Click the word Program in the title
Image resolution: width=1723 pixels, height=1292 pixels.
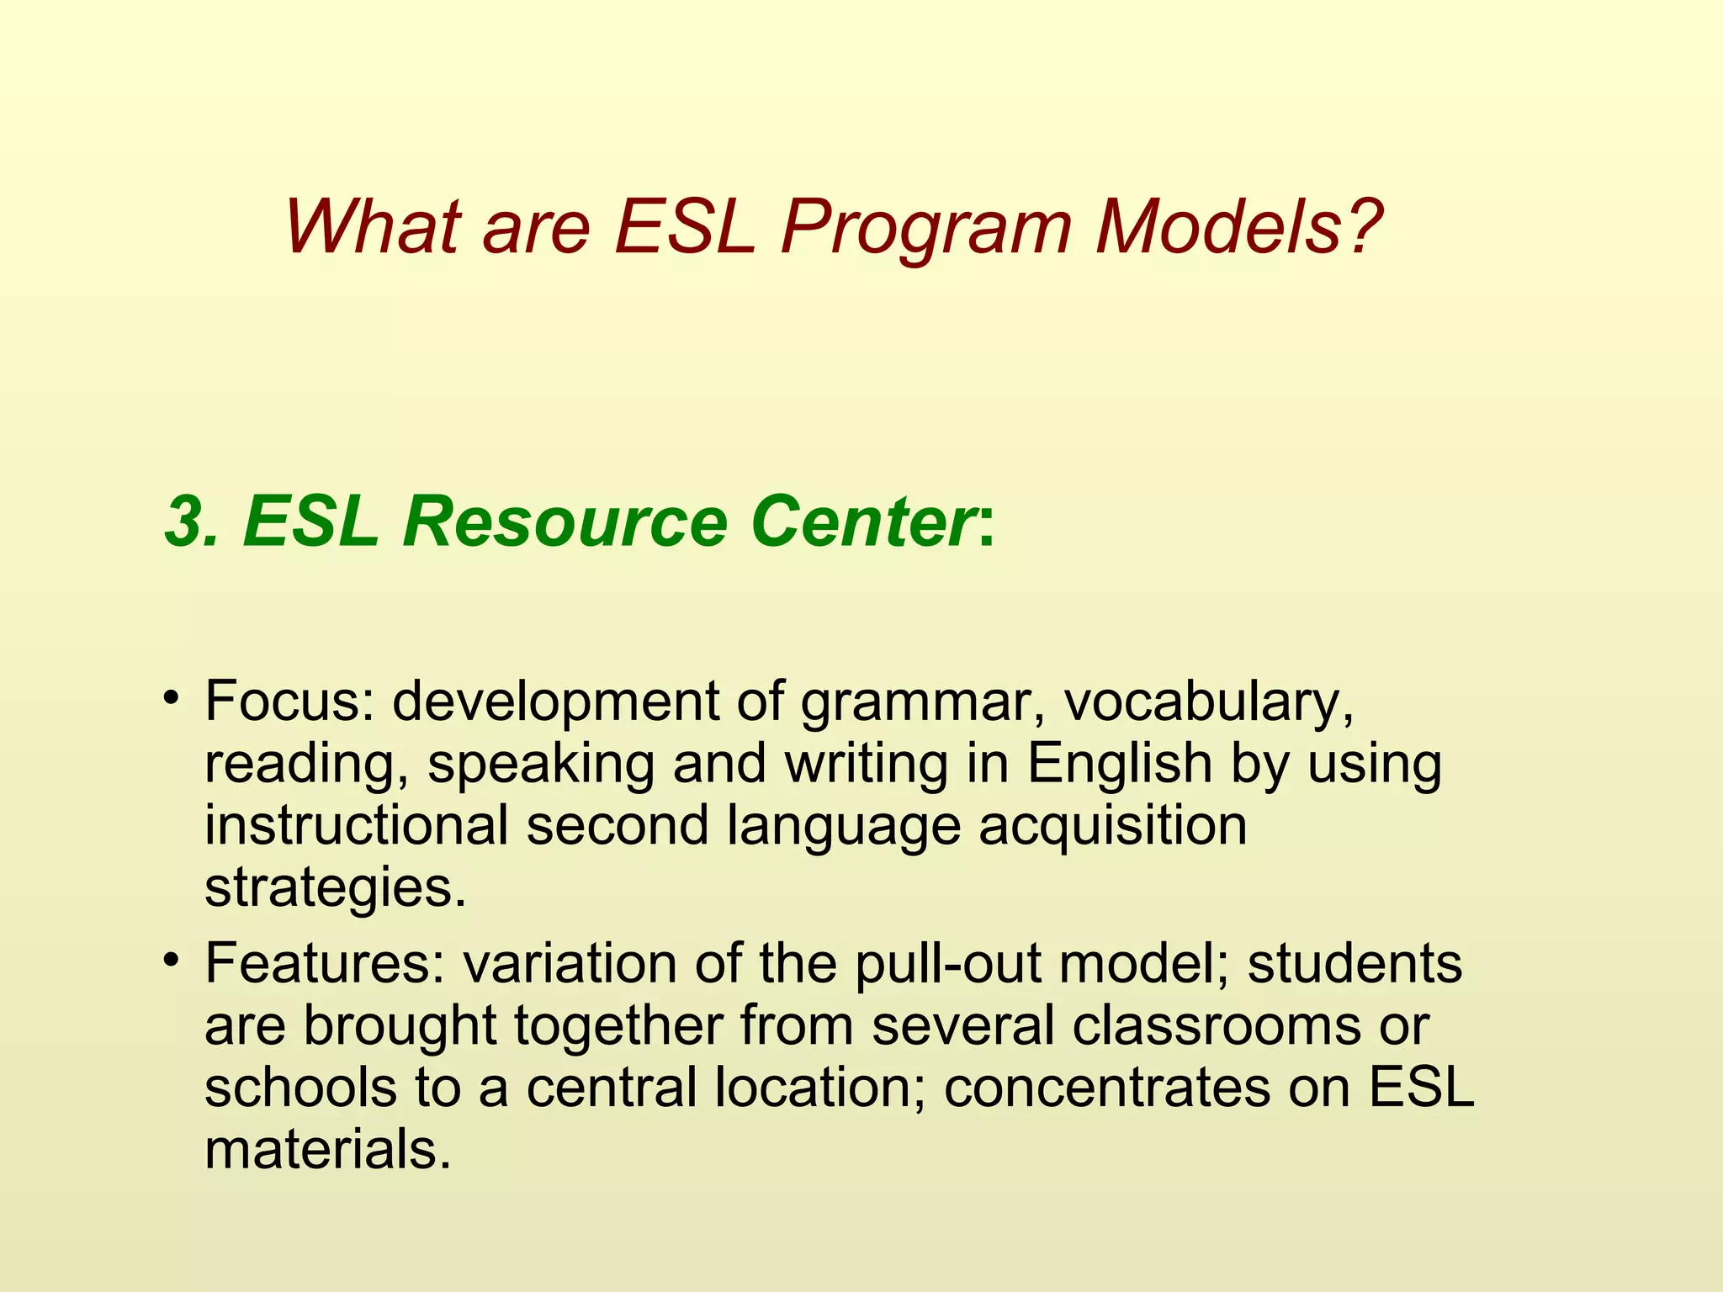click(925, 229)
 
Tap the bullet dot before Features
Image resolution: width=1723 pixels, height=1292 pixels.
click(172, 958)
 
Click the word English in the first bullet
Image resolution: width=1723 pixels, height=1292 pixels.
click(1119, 764)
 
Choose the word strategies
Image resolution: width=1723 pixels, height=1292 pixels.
click(335, 888)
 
